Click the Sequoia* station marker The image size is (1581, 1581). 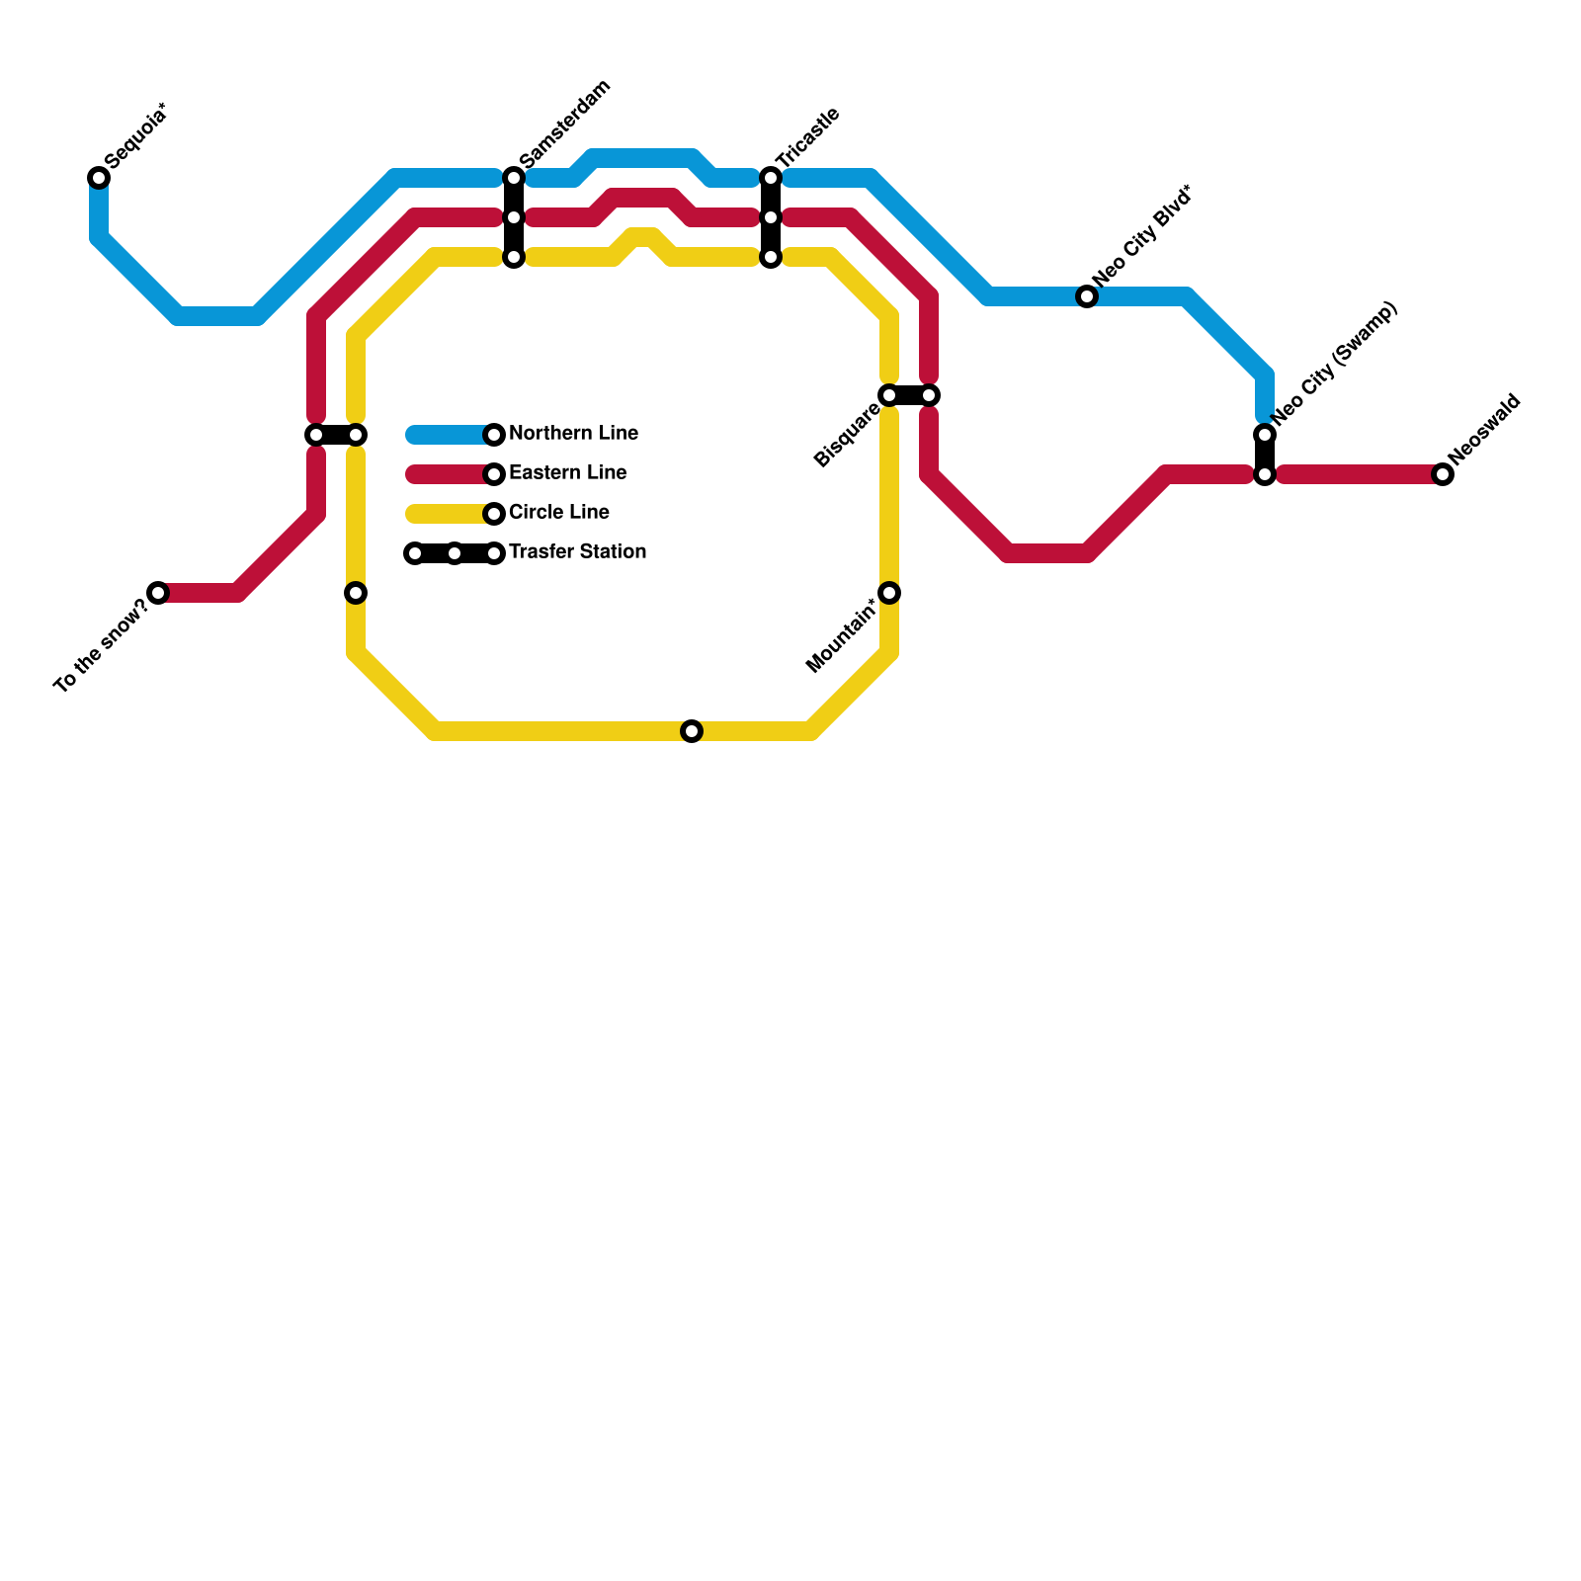tap(99, 178)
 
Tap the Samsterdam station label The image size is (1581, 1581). tap(564, 124)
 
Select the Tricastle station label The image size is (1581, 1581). tap(807, 137)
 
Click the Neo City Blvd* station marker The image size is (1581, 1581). tap(1087, 296)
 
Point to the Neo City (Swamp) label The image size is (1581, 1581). tap(1335, 363)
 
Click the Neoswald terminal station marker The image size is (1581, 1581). tap(1443, 474)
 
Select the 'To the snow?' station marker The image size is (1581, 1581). tap(158, 593)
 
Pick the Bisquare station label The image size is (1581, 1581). tap(847, 437)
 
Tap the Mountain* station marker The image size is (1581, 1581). tap(889, 593)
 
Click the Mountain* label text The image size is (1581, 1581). tap(842, 636)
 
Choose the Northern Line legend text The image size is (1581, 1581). tap(573, 434)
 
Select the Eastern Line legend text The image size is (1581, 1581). tap(567, 473)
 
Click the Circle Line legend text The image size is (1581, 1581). tap(558, 513)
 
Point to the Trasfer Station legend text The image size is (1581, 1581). tap(577, 552)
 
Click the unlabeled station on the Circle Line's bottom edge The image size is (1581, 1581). tap(692, 731)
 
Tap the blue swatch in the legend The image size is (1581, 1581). tap(450, 435)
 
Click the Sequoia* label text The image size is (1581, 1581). tap(135, 135)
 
